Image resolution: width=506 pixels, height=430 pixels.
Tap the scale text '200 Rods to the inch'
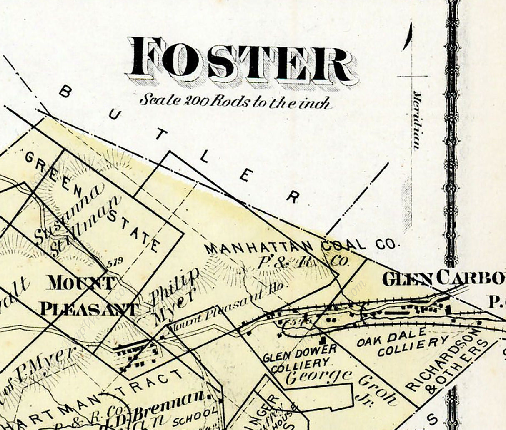pyautogui.click(x=235, y=101)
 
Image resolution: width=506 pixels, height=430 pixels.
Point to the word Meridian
pyautogui.click(x=416, y=120)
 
